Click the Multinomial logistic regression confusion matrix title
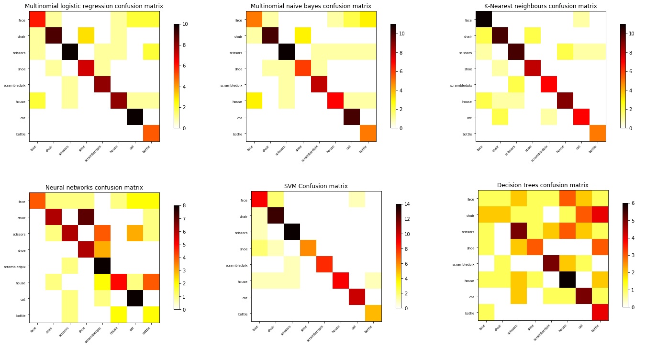coord(94,6)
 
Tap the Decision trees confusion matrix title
coord(543,185)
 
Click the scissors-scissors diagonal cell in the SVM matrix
coord(292,232)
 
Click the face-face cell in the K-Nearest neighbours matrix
coord(484,20)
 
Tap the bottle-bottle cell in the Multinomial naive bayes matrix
coord(367,134)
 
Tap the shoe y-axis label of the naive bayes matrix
coord(238,69)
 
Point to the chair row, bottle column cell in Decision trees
coord(601,214)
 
